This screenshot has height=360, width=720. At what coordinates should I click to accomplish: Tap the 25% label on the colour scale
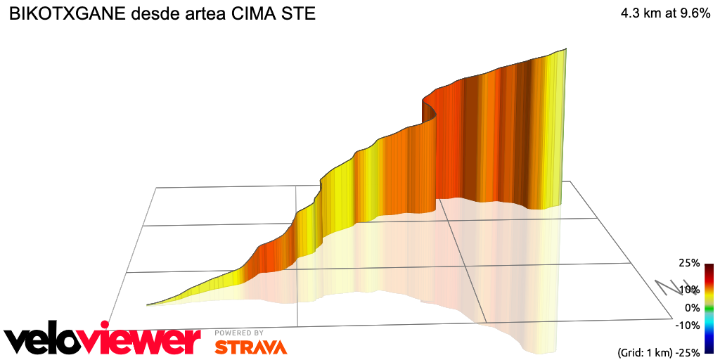point(688,263)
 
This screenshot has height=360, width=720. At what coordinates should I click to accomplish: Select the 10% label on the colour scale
point(688,290)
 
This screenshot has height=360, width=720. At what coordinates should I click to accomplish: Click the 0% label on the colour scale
point(691,308)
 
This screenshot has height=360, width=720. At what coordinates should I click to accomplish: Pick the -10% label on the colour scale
point(686,326)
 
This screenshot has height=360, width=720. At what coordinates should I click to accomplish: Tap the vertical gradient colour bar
point(709,308)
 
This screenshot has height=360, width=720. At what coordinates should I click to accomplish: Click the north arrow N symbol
point(667,288)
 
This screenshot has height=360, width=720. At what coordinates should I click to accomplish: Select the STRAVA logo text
point(250,347)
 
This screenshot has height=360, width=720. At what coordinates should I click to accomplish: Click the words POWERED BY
point(239,333)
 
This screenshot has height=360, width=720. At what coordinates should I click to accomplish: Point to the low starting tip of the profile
point(148,304)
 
